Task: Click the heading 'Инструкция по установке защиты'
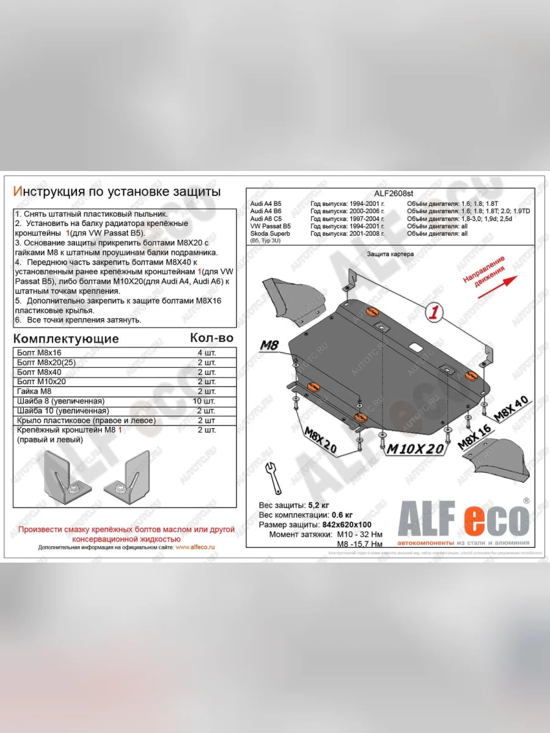click(x=117, y=191)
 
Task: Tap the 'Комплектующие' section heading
click(x=66, y=338)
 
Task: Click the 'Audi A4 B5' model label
click(x=266, y=203)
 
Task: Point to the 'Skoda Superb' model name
click(x=270, y=233)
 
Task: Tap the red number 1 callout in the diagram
click(x=434, y=313)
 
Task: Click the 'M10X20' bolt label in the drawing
click(x=416, y=449)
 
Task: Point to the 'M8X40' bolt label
click(x=512, y=410)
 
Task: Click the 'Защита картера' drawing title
click(x=391, y=253)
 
